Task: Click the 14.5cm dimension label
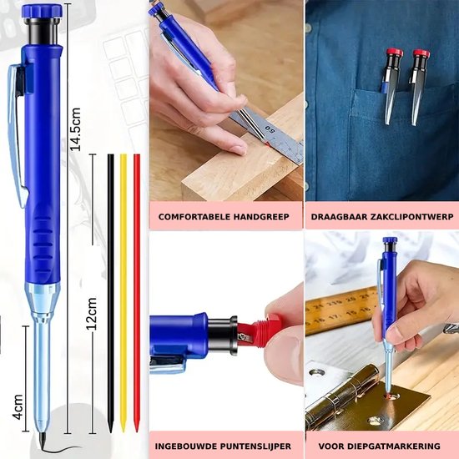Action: [x=75, y=127]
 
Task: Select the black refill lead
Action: [x=110, y=292]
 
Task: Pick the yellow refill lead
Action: [x=124, y=292]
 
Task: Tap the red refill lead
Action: [x=137, y=292]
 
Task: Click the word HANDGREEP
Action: [x=260, y=217]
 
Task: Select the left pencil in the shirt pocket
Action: [x=392, y=83]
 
